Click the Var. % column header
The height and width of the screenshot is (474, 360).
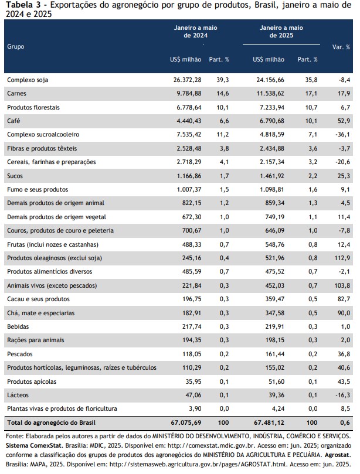(341, 47)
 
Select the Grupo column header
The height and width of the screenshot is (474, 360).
(16, 46)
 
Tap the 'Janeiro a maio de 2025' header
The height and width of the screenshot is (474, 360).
(281, 32)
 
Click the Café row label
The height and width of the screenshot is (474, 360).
(13, 121)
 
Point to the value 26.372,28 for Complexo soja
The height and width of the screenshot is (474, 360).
(187, 80)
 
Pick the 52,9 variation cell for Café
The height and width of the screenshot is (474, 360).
(344, 121)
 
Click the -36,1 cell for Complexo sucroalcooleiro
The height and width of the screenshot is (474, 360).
(342, 134)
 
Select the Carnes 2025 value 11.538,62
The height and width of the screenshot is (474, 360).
(270, 93)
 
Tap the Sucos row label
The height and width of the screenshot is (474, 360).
(15, 176)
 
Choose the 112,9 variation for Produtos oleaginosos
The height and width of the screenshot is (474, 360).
(342, 258)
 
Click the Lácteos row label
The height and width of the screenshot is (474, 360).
(18, 395)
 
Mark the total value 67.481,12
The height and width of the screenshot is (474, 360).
(269, 422)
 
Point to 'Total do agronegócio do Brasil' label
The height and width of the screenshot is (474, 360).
(52, 422)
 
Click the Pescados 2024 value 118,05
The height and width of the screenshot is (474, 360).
(192, 354)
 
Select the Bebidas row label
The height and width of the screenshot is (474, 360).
(18, 326)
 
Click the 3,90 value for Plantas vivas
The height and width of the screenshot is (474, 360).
(195, 409)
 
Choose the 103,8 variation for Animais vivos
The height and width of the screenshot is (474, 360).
(342, 285)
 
